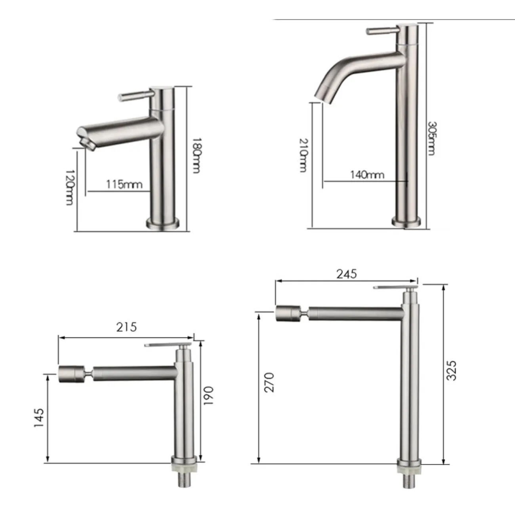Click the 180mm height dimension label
click(x=196, y=156)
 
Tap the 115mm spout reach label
click(x=124, y=184)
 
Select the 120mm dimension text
click(x=69, y=187)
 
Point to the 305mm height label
click(x=432, y=138)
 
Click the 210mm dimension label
click(x=303, y=155)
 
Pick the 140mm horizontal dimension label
click(x=368, y=175)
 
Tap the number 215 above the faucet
click(x=126, y=327)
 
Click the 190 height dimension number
click(x=208, y=396)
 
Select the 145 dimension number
click(x=39, y=418)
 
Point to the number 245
click(x=347, y=274)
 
